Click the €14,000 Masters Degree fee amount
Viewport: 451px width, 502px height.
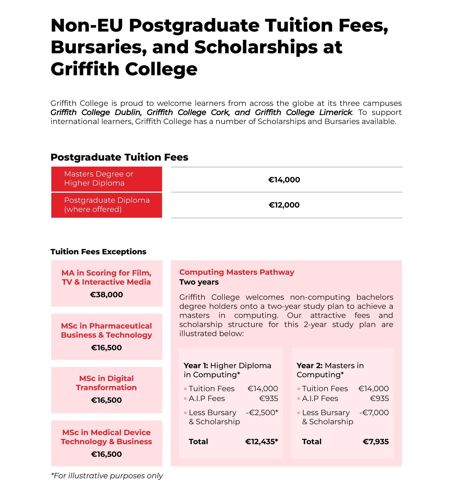284,180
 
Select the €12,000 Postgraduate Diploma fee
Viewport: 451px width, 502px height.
284,205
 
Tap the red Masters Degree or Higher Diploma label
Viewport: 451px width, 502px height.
107,179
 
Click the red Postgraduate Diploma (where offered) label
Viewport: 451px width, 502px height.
107,205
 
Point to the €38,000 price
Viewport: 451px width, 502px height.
107,295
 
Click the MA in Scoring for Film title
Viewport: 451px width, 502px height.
107,277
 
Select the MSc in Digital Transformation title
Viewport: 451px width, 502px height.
107,383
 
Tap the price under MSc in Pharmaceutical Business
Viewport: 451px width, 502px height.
107,348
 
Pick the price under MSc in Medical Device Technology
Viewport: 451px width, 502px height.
107,454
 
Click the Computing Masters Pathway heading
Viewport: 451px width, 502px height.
236,272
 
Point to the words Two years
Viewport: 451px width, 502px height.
199,282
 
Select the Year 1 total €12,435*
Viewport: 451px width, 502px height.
261,442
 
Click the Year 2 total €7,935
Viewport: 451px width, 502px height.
376,442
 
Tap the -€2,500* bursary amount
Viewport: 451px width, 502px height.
262,413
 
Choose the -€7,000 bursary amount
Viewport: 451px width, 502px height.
374,413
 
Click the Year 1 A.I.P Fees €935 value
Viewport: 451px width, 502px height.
269,398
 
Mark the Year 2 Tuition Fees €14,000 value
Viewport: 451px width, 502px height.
373,389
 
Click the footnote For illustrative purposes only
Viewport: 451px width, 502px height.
107,476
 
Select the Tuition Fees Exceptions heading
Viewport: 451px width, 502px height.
98,252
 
